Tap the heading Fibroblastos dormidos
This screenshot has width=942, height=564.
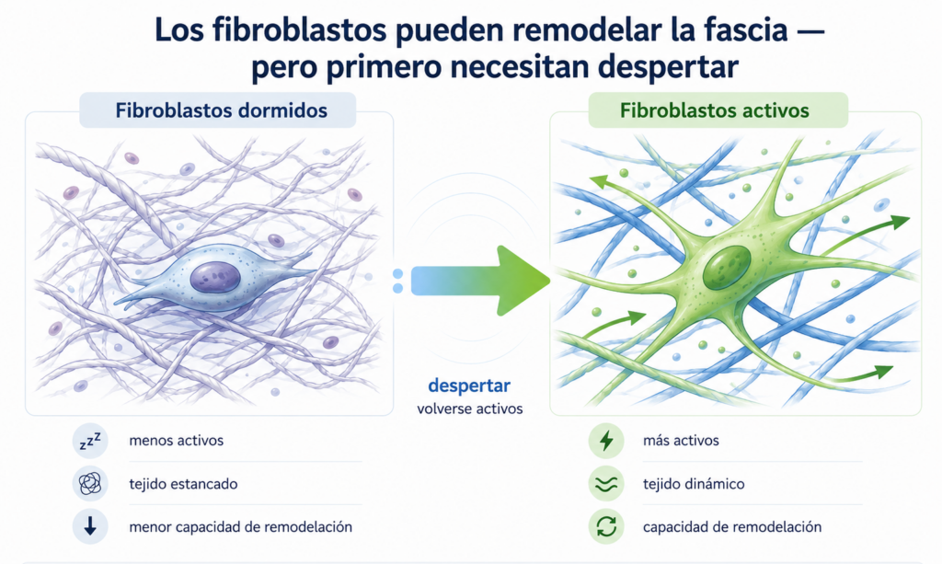221,110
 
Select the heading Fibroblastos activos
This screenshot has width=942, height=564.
714,110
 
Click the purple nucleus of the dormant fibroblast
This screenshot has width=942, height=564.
215,278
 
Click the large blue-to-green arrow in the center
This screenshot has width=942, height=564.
480,281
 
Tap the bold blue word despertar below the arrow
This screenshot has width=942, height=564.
469,386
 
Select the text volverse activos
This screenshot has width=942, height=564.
470,409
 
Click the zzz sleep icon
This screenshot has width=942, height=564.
90,441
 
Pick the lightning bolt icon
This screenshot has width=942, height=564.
606,441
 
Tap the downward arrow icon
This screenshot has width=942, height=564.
90,527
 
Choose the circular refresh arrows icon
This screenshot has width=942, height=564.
606,527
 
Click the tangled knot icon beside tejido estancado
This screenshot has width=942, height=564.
90,484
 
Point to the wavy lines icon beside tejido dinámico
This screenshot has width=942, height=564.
606,484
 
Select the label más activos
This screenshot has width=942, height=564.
681,441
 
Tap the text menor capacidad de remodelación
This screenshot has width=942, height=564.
240,527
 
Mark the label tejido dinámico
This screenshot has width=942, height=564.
694,484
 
